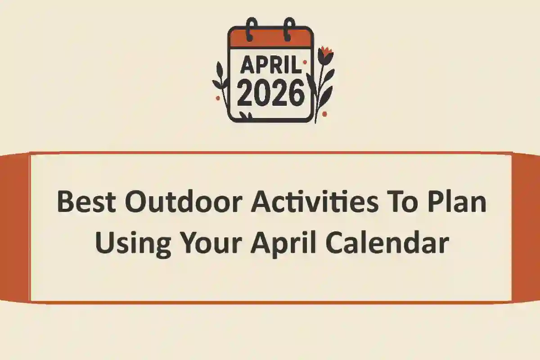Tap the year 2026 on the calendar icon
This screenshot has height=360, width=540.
[270, 94]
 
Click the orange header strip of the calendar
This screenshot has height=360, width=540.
[270, 38]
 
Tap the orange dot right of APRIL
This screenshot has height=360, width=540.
[305, 62]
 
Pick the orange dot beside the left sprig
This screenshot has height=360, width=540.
[218, 98]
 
